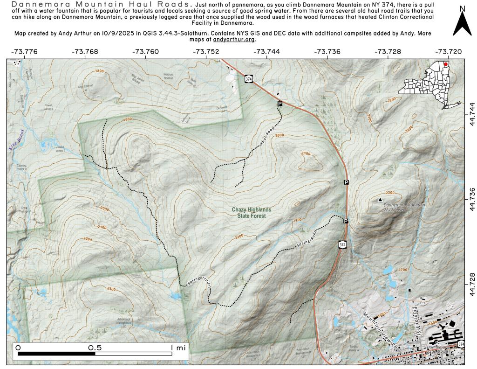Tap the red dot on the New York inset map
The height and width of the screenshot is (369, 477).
click(446, 64)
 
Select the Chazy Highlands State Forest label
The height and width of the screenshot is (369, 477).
click(252, 213)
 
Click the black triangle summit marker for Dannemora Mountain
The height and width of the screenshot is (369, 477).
click(380, 199)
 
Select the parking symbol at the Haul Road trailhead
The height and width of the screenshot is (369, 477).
click(280, 104)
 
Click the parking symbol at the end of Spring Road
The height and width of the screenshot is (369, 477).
click(346, 221)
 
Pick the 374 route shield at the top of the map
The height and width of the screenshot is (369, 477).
click(249, 79)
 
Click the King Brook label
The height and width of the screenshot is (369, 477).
click(16, 140)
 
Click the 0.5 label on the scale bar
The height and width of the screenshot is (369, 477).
click(95, 348)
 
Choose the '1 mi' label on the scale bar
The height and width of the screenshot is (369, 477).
click(178, 348)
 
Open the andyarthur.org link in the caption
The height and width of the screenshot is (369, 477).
click(233, 40)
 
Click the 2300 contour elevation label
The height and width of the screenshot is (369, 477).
click(111, 289)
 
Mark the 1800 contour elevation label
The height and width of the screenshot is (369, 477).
click(99, 71)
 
